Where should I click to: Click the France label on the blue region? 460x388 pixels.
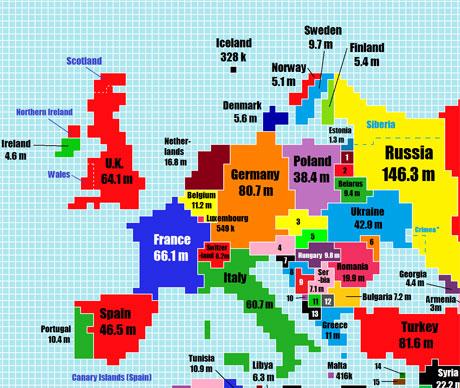click(172, 240)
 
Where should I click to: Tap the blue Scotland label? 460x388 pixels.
click(84, 61)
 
